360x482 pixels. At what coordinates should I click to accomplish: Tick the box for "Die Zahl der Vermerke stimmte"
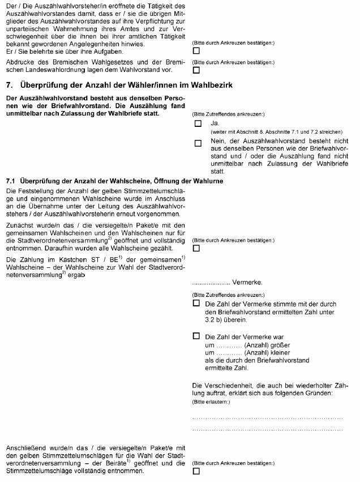pos(196,304)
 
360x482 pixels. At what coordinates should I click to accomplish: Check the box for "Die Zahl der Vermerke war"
pos(196,336)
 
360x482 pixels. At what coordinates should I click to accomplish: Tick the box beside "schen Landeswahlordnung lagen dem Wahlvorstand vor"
pos(196,70)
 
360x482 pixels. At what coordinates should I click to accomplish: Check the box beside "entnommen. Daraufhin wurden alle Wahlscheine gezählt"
pos(196,248)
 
